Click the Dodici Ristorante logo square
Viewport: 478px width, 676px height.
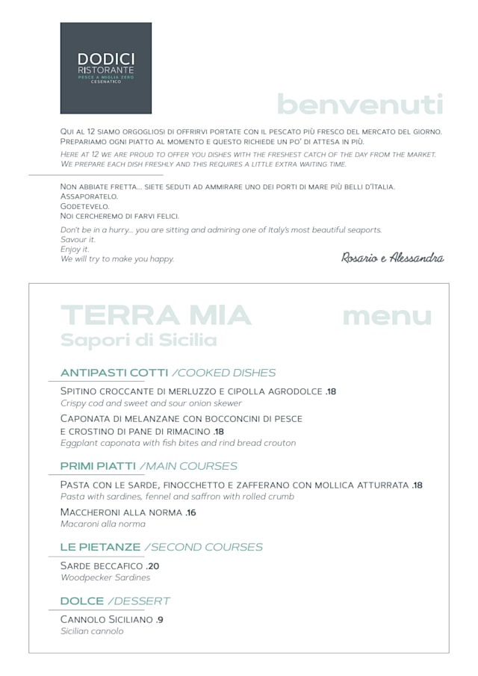(x=105, y=68)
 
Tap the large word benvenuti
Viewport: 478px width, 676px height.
(x=360, y=105)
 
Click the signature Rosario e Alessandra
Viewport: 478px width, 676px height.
(x=392, y=258)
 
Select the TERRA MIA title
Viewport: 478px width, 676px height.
(x=155, y=316)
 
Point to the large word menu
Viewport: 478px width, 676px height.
(x=387, y=316)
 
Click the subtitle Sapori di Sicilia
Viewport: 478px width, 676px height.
(x=138, y=341)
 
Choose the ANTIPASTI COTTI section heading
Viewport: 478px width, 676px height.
(x=114, y=373)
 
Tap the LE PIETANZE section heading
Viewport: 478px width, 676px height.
(x=100, y=548)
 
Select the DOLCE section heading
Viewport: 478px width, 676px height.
(x=82, y=601)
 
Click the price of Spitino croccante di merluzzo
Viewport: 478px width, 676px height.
(x=332, y=391)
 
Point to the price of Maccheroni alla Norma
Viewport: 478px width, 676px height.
(x=191, y=512)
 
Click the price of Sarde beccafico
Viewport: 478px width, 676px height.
(x=153, y=566)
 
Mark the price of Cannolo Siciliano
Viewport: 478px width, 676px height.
(x=160, y=620)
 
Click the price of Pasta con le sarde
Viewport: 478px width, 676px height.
(x=418, y=485)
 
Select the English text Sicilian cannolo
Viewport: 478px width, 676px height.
(x=92, y=631)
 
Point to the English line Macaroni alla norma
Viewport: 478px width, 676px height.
(x=103, y=524)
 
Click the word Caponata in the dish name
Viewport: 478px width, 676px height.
(x=87, y=418)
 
